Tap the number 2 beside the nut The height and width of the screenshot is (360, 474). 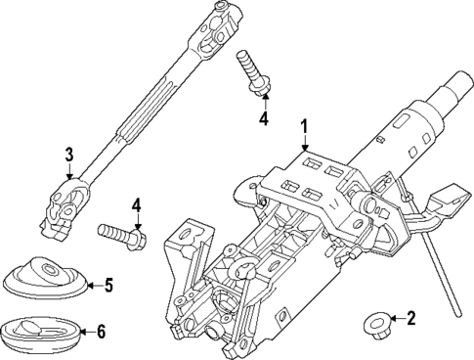[x=411, y=317]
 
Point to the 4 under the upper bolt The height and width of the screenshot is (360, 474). [x=262, y=119]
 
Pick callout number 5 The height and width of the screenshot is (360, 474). [x=108, y=286]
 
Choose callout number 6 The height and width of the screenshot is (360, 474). [x=101, y=332]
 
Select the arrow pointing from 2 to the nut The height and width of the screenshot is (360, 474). [x=395, y=318]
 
